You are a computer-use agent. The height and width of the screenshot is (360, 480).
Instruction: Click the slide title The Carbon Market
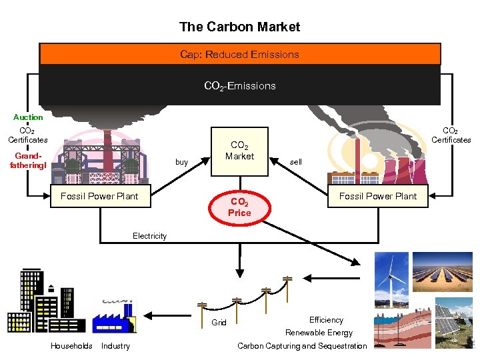click(x=239, y=27)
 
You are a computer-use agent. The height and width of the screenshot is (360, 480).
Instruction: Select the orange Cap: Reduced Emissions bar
click(x=240, y=55)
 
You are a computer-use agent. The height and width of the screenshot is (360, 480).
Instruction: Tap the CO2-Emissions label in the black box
click(x=240, y=86)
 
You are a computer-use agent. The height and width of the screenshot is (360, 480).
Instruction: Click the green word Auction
click(x=28, y=117)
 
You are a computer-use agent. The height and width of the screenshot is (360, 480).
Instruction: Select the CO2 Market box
click(x=239, y=151)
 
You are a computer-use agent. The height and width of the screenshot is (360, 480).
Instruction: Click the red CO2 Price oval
click(x=239, y=207)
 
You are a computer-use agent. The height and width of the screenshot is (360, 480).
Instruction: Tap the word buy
click(x=181, y=162)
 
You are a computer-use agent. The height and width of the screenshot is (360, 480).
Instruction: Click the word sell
click(x=296, y=162)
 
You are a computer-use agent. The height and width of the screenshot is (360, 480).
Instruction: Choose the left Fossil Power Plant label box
click(x=99, y=196)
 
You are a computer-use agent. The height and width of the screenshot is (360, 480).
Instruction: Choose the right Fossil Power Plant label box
click(x=377, y=196)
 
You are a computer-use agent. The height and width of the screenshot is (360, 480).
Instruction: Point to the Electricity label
click(x=149, y=236)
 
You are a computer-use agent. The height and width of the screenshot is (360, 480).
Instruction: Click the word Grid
click(x=219, y=323)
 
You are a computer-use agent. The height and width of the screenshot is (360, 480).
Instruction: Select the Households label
click(x=71, y=345)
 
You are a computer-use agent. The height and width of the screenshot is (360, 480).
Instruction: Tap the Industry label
click(x=115, y=345)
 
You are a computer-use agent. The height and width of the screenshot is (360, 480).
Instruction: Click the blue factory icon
click(x=113, y=316)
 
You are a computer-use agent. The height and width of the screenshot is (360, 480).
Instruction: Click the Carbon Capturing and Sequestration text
click(x=302, y=345)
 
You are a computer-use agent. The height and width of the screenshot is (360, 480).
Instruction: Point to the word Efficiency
click(x=326, y=320)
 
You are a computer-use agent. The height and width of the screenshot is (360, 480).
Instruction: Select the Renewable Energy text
click(x=319, y=333)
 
